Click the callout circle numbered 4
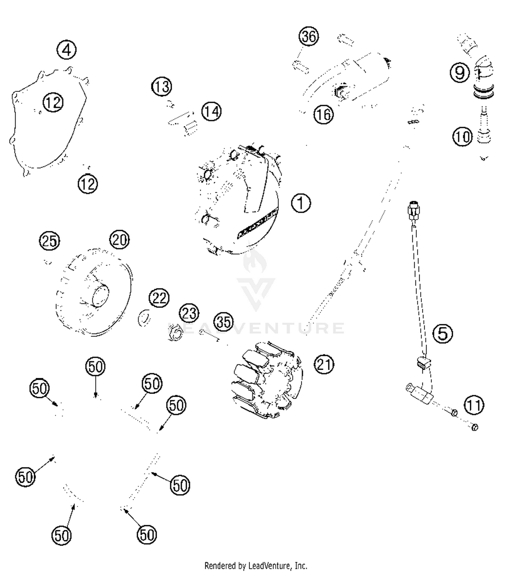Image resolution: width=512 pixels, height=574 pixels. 67,50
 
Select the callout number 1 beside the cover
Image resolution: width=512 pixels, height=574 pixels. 301,203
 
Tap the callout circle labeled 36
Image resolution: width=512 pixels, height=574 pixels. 309,36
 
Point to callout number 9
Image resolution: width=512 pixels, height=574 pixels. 460,72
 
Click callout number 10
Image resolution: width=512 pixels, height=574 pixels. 463,137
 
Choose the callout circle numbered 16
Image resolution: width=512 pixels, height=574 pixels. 323,114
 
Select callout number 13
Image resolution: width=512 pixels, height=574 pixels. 161,87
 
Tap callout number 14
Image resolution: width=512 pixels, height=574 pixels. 211,111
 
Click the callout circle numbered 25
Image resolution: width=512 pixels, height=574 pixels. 49,241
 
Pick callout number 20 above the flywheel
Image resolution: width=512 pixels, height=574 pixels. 119,240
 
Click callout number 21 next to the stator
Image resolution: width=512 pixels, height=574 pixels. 324,364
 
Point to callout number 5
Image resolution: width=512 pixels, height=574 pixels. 443,333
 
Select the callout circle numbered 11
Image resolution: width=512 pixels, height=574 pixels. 474,405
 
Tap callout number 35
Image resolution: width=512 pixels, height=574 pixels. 224,322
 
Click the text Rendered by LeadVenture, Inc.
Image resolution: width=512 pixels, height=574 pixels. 256,566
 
